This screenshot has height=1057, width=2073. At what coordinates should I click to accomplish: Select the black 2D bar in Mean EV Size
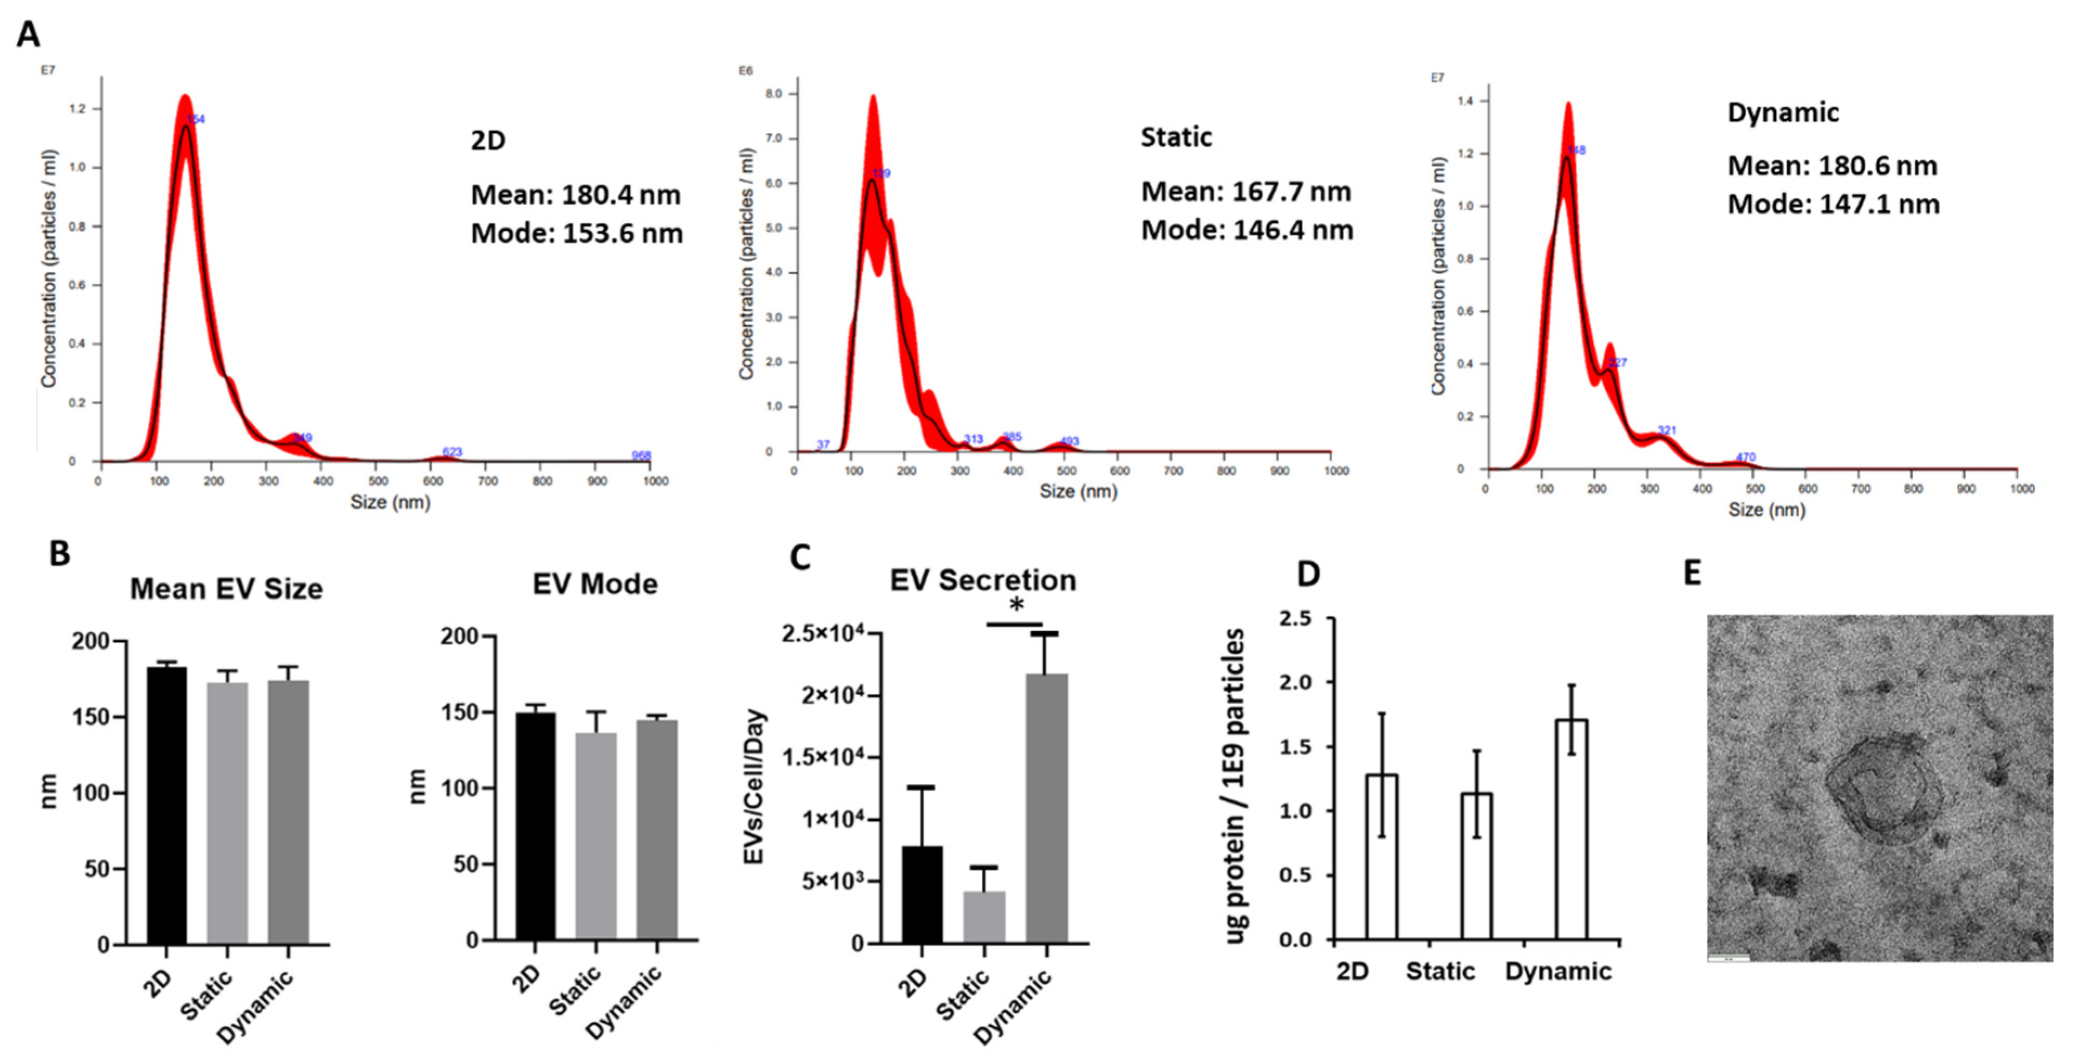tap(167, 805)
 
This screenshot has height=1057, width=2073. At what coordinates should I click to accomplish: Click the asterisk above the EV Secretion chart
tap(1016, 605)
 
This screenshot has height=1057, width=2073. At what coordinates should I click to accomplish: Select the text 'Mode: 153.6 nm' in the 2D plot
tap(576, 234)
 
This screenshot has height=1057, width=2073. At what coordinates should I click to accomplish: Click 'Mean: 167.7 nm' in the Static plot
tap(1246, 192)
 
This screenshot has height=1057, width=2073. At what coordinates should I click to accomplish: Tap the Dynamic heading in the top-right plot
tap(1783, 112)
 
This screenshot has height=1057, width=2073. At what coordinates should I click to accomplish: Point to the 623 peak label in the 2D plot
tap(452, 452)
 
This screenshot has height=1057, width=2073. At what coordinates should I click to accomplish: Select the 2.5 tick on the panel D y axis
tap(1295, 618)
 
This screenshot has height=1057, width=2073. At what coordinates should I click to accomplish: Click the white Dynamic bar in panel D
tap(1571, 829)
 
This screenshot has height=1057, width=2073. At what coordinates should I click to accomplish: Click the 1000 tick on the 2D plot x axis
tap(655, 482)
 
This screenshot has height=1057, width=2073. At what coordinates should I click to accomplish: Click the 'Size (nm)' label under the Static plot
tap(1078, 491)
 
